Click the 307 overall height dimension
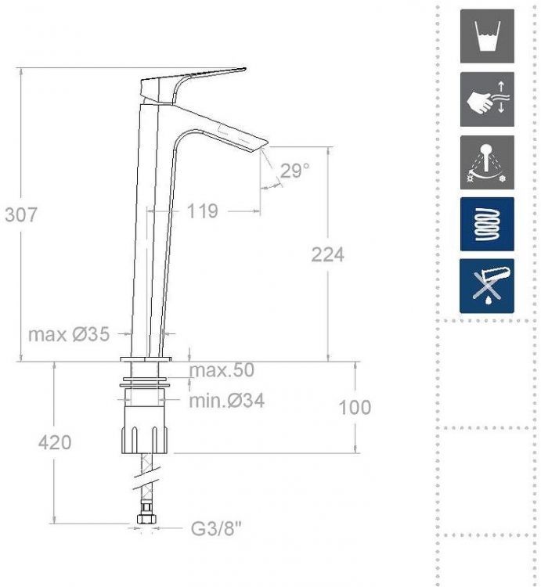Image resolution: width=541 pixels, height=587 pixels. (x=21, y=214)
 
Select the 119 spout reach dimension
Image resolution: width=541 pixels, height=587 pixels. (x=202, y=211)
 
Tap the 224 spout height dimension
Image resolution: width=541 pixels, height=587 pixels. (x=327, y=254)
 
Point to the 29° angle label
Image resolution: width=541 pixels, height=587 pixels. (x=294, y=171)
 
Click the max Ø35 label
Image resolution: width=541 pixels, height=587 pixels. (x=68, y=334)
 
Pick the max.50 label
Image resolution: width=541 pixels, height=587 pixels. (x=222, y=370)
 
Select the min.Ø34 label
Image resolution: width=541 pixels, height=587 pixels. (x=226, y=401)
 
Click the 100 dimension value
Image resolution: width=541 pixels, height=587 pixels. (x=355, y=407)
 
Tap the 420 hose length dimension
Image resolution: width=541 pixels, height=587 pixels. (x=55, y=442)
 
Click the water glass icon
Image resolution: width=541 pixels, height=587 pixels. (x=487, y=36)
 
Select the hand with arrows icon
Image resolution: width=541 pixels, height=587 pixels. (x=487, y=99)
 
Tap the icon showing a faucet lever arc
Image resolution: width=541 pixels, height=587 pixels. (x=487, y=162)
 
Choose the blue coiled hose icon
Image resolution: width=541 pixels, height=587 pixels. (x=487, y=224)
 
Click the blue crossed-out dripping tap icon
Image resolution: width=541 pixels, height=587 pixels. (x=487, y=286)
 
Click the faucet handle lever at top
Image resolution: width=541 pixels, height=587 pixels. (x=192, y=79)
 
